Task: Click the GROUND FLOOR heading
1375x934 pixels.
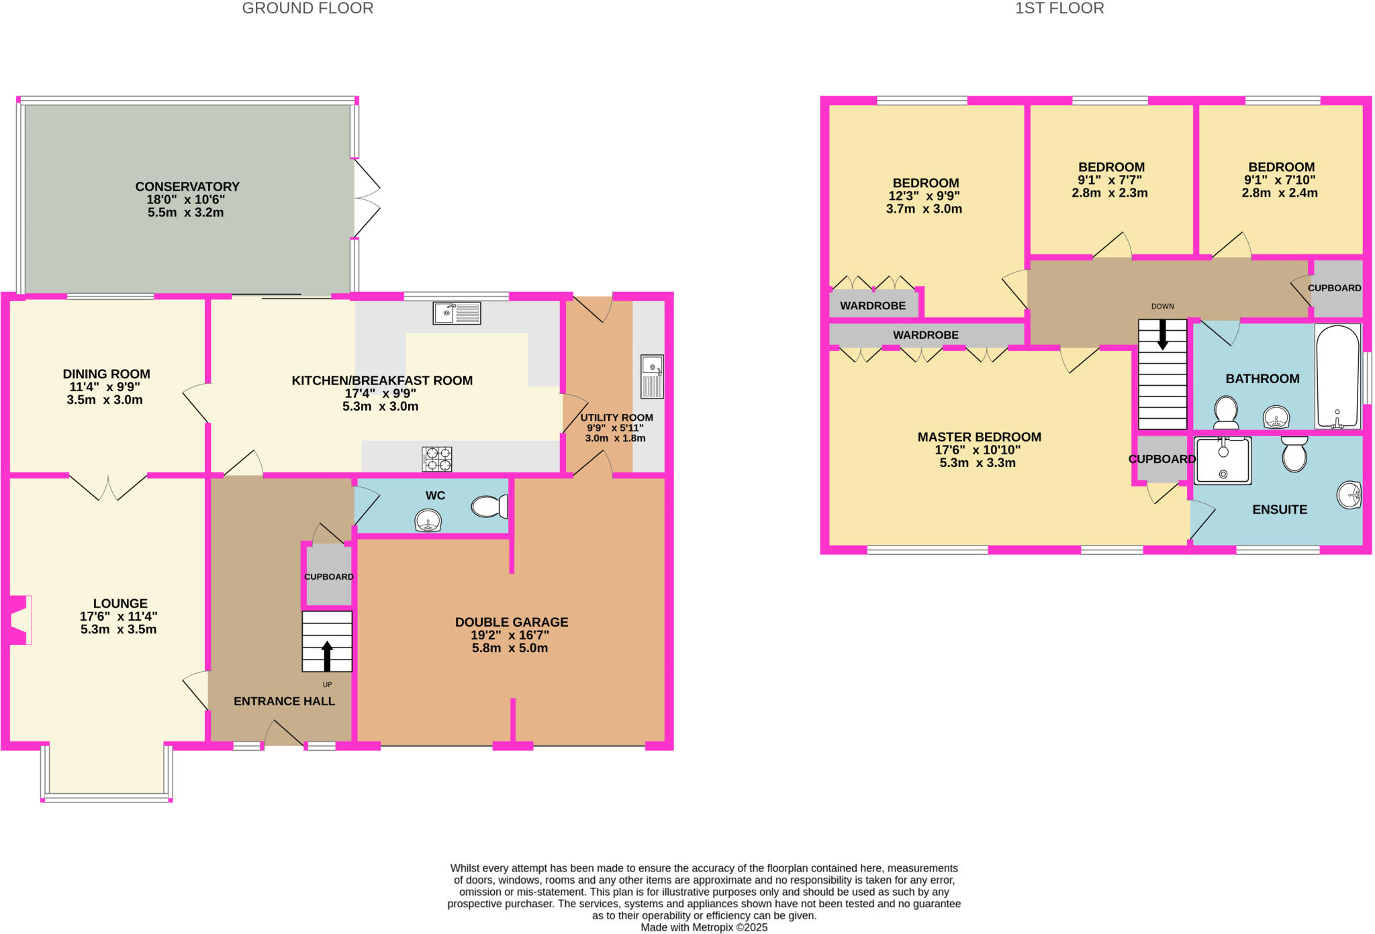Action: [307, 9]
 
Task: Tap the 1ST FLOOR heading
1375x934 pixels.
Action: [1059, 9]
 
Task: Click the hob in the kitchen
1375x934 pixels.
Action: [436, 460]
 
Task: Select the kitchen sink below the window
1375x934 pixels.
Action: [457, 313]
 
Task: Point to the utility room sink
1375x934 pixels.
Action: [652, 376]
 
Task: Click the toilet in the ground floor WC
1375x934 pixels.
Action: [489, 507]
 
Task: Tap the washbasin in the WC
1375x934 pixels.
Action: [428, 521]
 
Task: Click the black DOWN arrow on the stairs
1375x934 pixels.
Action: [1162, 333]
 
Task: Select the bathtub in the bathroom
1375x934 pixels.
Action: [1337, 376]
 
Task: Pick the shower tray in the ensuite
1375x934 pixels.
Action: [1223, 460]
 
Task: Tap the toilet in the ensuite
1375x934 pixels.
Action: [1294, 454]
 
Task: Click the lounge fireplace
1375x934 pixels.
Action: [19, 620]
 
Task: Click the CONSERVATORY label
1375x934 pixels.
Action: [187, 187]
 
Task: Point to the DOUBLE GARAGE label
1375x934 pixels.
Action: [512, 622]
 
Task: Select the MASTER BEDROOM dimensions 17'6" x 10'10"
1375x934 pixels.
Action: [978, 450]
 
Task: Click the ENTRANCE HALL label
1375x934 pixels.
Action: [284, 701]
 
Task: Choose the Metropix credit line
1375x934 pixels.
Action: [704, 927]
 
